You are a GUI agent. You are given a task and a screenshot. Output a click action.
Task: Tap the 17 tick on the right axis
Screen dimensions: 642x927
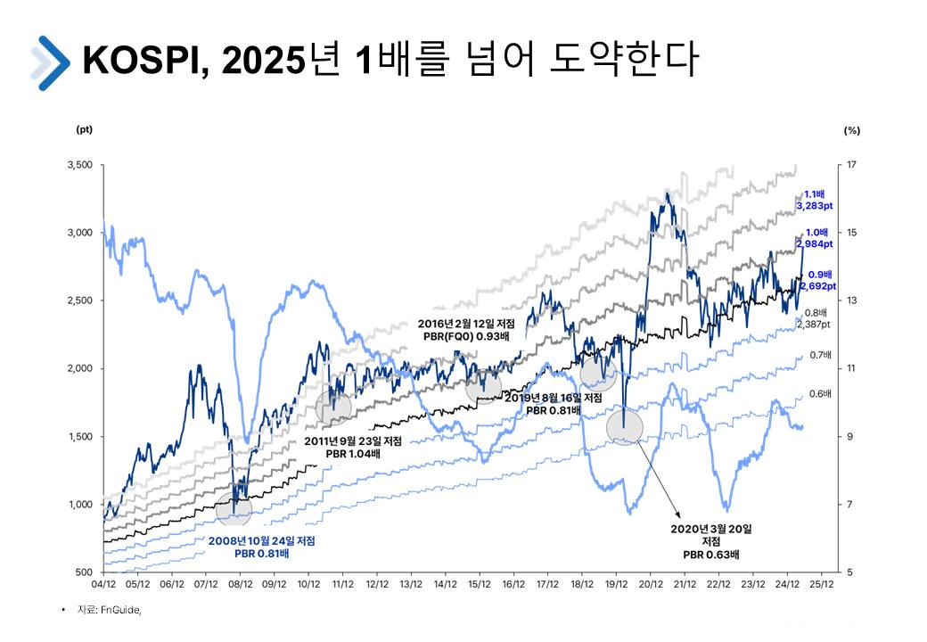852,165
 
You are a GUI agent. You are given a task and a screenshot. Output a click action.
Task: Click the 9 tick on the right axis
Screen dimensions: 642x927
850,436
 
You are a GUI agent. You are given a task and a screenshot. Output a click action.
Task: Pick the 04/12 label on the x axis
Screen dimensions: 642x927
103,585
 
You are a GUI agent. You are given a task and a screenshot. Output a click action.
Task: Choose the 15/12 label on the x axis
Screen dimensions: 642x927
480,585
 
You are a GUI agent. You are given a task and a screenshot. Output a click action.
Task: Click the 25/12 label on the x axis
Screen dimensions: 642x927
821,585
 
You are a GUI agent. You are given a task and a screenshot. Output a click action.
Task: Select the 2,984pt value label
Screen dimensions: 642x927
816,243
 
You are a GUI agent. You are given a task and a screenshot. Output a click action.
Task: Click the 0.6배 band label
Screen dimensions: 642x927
821,393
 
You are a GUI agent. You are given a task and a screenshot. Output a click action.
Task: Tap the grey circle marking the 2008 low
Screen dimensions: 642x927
234,509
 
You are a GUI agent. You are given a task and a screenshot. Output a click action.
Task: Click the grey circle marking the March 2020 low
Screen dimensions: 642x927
624,428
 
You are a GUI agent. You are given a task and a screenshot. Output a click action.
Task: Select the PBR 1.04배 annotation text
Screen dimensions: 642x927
353,453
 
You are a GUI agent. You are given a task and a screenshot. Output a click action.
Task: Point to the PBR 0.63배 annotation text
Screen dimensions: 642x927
711,554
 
